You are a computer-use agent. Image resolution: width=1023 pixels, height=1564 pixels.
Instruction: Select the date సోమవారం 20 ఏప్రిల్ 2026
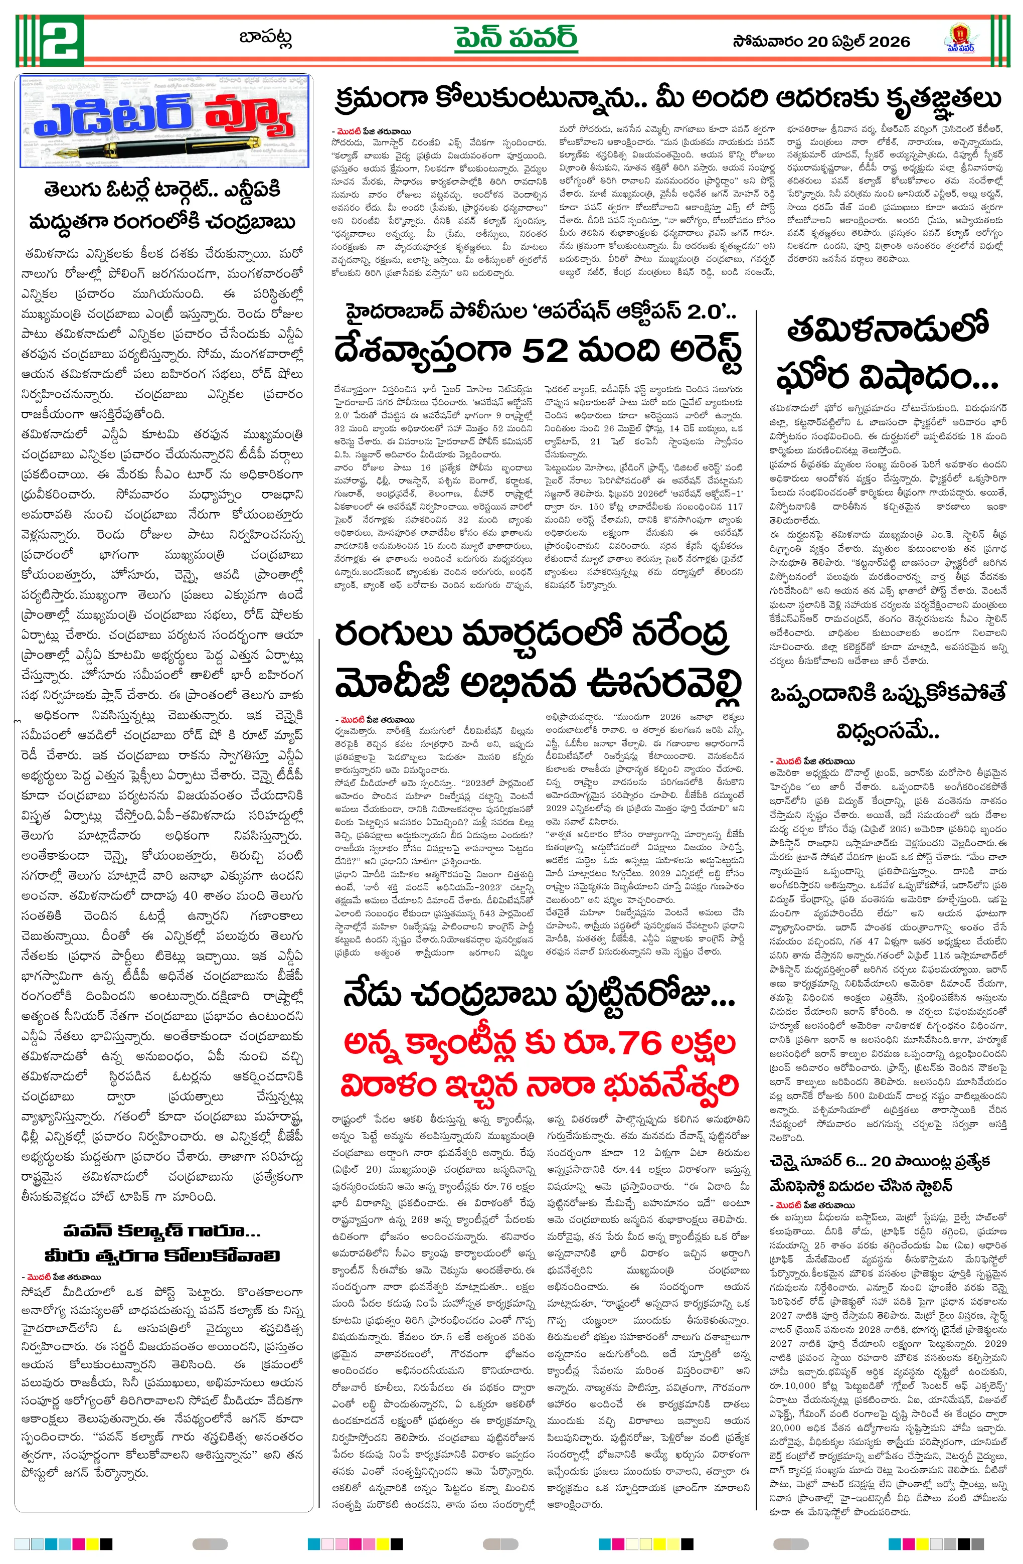(x=821, y=42)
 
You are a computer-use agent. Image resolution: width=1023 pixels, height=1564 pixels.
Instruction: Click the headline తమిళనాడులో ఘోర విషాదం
(x=887, y=354)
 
